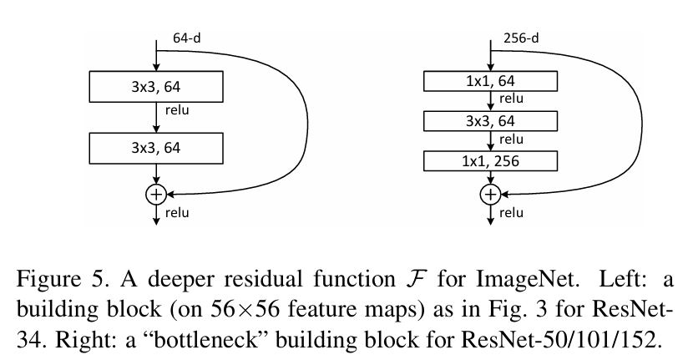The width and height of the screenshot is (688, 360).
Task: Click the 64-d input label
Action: [x=186, y=38]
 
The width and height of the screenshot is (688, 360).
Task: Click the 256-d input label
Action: [x=521, y=38]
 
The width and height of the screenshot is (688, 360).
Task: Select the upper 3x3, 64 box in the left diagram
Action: [x=155, y=84]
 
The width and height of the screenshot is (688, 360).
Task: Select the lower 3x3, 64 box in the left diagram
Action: [x=155, y=149]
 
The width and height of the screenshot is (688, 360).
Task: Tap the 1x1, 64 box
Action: [x=490, y=81]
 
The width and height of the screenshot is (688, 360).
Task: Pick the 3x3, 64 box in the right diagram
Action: [x=490, y=121]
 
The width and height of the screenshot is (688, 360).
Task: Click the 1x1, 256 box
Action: [x=490, y=161]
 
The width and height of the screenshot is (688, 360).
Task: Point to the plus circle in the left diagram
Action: [x=156, y=194]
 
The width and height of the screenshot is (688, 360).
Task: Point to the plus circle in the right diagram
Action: [x=490, y=194]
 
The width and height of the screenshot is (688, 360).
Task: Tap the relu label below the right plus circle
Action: [x=512, y=212]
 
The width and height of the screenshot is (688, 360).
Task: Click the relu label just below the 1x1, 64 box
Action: [x=512, y=99]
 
